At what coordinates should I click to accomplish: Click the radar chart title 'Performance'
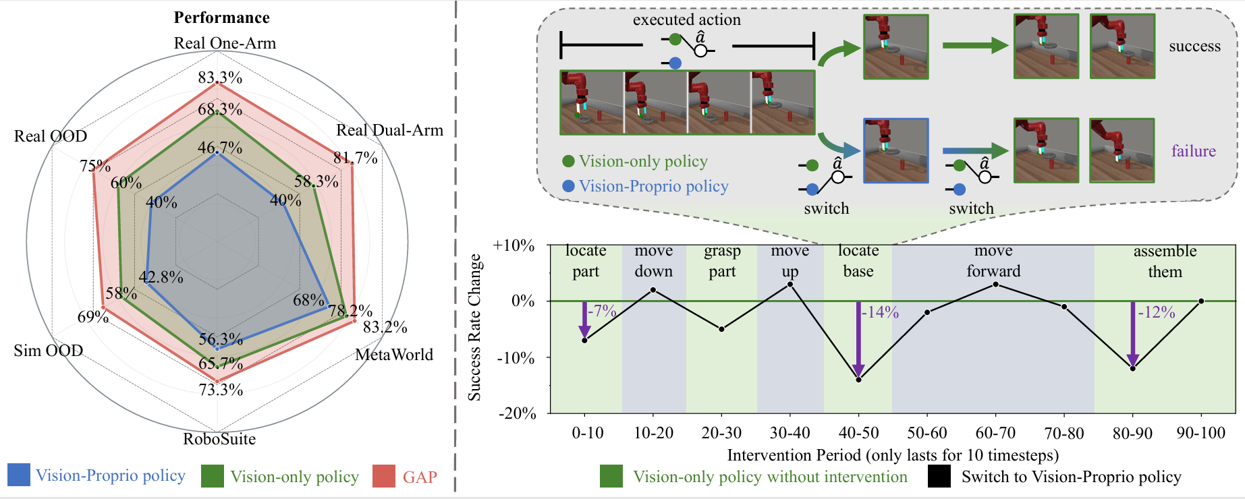click(x=221, y=18)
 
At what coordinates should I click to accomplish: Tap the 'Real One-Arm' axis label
click(x=225, y=43)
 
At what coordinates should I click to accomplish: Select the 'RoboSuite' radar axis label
click(x=219, y=439)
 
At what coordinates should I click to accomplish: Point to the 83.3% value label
click(x=220, y=78)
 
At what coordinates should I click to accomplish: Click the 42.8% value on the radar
click(x=161, y=277)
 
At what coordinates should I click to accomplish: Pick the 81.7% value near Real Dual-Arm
click(x=356, y=158)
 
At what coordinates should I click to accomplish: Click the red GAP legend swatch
click(x=383, y=476)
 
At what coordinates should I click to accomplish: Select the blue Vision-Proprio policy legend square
click(x=19, y=475)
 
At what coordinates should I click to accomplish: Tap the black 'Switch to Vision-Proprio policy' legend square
click(x=939, y=477)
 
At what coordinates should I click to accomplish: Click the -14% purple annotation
click(x=880, y=312)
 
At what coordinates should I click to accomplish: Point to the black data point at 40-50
click(x=858, y=380)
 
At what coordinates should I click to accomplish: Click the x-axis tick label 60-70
click(x=995, y=433)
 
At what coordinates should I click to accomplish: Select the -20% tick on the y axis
click(x=517, y=413)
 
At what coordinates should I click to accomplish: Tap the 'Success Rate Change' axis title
click(x=475, y=328)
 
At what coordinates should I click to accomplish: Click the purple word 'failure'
click(x=1193, y=151)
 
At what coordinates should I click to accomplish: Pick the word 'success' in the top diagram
click(x=1194, y=46)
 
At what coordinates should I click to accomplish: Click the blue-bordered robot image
click(x=896, y=151)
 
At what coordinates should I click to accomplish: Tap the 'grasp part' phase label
click(x=722, y=261)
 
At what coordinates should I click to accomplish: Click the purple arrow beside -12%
click(x=1132, y=334)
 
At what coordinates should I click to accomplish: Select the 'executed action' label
click(x=686, y=20)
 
